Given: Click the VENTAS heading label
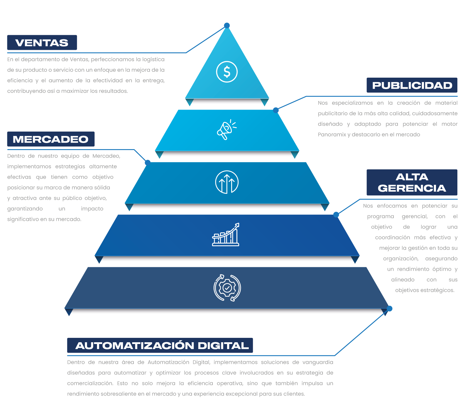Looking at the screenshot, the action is pos(42,42).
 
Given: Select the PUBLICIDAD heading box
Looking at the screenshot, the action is pos(412,85).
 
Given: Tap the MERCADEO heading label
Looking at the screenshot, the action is pos(51,139).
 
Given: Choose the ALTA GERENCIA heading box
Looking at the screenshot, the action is pos(412,182).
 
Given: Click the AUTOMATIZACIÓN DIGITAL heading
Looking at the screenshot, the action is pos(160,345).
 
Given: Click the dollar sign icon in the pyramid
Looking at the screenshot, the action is pos(227,72).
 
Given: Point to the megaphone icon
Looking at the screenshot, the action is pos(226,130).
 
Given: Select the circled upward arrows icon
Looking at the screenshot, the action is pos(227,182).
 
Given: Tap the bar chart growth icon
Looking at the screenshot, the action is pos(226,234).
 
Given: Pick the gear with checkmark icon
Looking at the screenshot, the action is pos(227,288).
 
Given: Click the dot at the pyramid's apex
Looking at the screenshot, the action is pos(227,25).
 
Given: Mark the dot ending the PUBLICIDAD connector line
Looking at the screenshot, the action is pos(276,110).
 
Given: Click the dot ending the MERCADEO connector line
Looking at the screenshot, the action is pos(148,163).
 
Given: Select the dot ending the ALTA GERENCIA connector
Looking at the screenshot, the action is pos(336,215).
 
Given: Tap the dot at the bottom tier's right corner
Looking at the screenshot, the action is pos(389,309).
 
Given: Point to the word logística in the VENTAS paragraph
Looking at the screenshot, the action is pos(154,59).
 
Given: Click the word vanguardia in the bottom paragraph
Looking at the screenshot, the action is pos(318,362).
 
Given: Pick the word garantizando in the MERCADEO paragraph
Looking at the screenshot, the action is pos(25,209).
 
